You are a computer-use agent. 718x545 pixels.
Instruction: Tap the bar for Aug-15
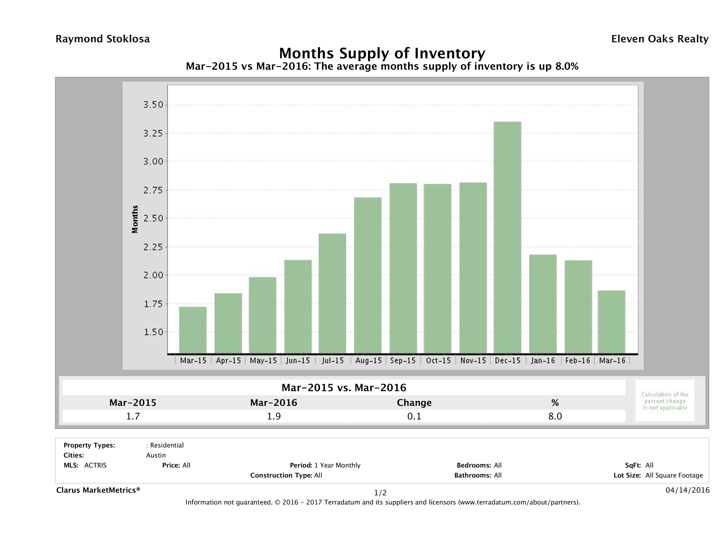pyautogui.click(x=368, y=275)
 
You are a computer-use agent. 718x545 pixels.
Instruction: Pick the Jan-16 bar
pyautogui.click(x=543, y=304)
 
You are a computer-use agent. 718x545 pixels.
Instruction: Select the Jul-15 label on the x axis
pyautogui.click(x=333, y=360)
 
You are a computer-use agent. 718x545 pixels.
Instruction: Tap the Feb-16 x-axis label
pyautogui.click(x=577, y=360)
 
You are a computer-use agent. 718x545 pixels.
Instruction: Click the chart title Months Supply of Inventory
pyautogui.click(x=382, y=53)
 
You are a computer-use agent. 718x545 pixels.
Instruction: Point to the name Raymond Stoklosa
pyautogui.click(x=103, y=39)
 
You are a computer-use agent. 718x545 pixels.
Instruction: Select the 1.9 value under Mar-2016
pyautogui.click(x=274, y=416)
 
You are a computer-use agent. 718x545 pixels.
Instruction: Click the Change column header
pyautogui.click(x=414, y=403)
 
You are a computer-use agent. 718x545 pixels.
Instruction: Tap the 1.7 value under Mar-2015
pyautogui.click(x=133, y=416)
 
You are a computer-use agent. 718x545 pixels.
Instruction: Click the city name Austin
pyautogui.click(x=156, y=455)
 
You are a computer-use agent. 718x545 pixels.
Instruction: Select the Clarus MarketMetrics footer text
pyautogui.click(x=98, y=490)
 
